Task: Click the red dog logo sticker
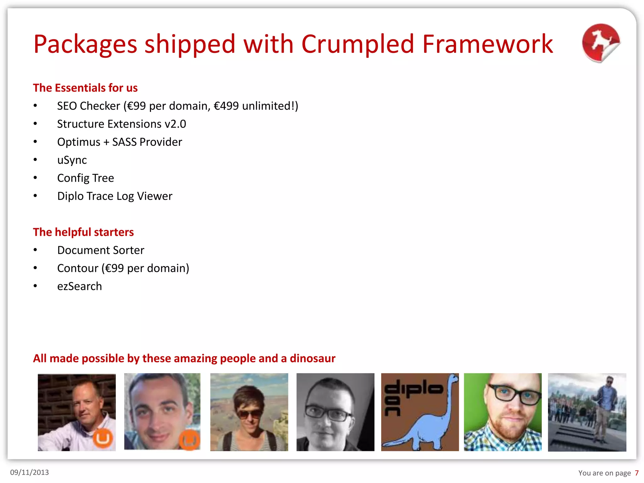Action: (x=601, y=43)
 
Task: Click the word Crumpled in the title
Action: (x=358, y=44)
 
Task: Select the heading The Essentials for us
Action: (x=85, y=88)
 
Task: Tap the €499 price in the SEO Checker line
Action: (x=226, y=106)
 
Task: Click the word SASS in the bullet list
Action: (x=124, y=142)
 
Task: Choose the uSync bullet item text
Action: (x=72, y=160)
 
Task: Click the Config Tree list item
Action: (x=86, y=178)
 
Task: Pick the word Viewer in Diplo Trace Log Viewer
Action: (x=155, y=196)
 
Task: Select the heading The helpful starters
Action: (x=83, y=232)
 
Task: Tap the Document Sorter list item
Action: (x=101, y=250)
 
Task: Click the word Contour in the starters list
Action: (x=78, y=268)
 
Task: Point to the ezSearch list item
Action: (x=80, y=286)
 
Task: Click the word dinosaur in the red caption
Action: (x=313, y=358)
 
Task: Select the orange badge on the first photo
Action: (x=103, y=438)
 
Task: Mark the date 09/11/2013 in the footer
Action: (x=30, y=472)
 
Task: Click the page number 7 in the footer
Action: (x=636, y=473)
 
